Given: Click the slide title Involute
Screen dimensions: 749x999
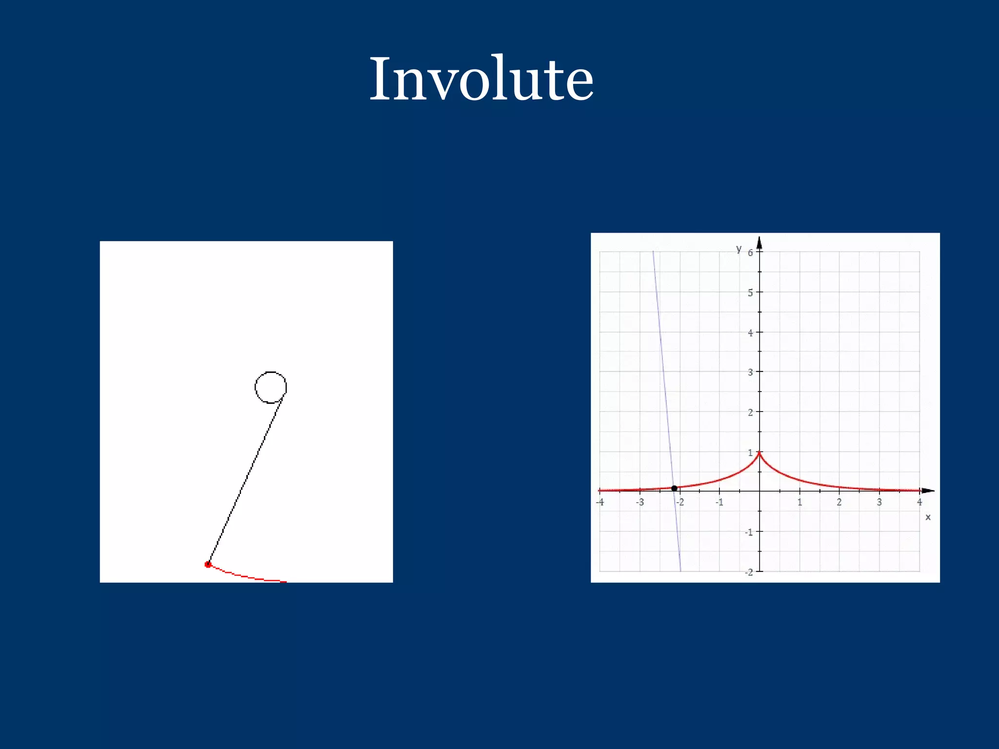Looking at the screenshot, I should tap(481, 79).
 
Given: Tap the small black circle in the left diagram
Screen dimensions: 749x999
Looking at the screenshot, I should tap(271, 387).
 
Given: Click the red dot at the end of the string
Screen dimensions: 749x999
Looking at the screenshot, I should tap(208, 564).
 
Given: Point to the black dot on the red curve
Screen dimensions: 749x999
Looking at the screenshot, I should tap(674, 488).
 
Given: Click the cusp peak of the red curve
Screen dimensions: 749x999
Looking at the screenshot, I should tap(759, 453).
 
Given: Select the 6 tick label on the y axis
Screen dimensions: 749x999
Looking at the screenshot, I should tap(750, 253).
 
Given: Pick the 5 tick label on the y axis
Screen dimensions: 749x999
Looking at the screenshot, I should tap(750, 293).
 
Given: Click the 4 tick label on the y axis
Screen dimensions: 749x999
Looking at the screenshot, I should tap(750, 333).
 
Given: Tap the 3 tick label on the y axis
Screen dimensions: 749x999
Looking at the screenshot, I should tap(750, 372).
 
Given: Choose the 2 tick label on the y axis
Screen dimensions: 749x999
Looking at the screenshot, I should tap(750, 412).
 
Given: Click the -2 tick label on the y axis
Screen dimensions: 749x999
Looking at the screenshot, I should tap(749, 572).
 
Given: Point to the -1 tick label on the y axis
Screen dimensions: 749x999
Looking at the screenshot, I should tap(749, 532).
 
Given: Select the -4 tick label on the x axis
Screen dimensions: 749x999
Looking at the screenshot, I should tap(600, 502).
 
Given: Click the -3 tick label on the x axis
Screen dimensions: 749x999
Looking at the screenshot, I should tap(640, 502).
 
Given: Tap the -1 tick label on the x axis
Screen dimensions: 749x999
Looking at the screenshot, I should tap(719, 502).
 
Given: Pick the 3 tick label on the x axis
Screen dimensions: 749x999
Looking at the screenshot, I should tap(879, 502).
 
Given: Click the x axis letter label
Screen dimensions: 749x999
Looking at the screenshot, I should tap(928, 517).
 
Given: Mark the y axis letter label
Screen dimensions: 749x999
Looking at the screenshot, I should tap(739, 249).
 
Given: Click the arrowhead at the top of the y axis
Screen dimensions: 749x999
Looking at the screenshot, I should tap(759, 242).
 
